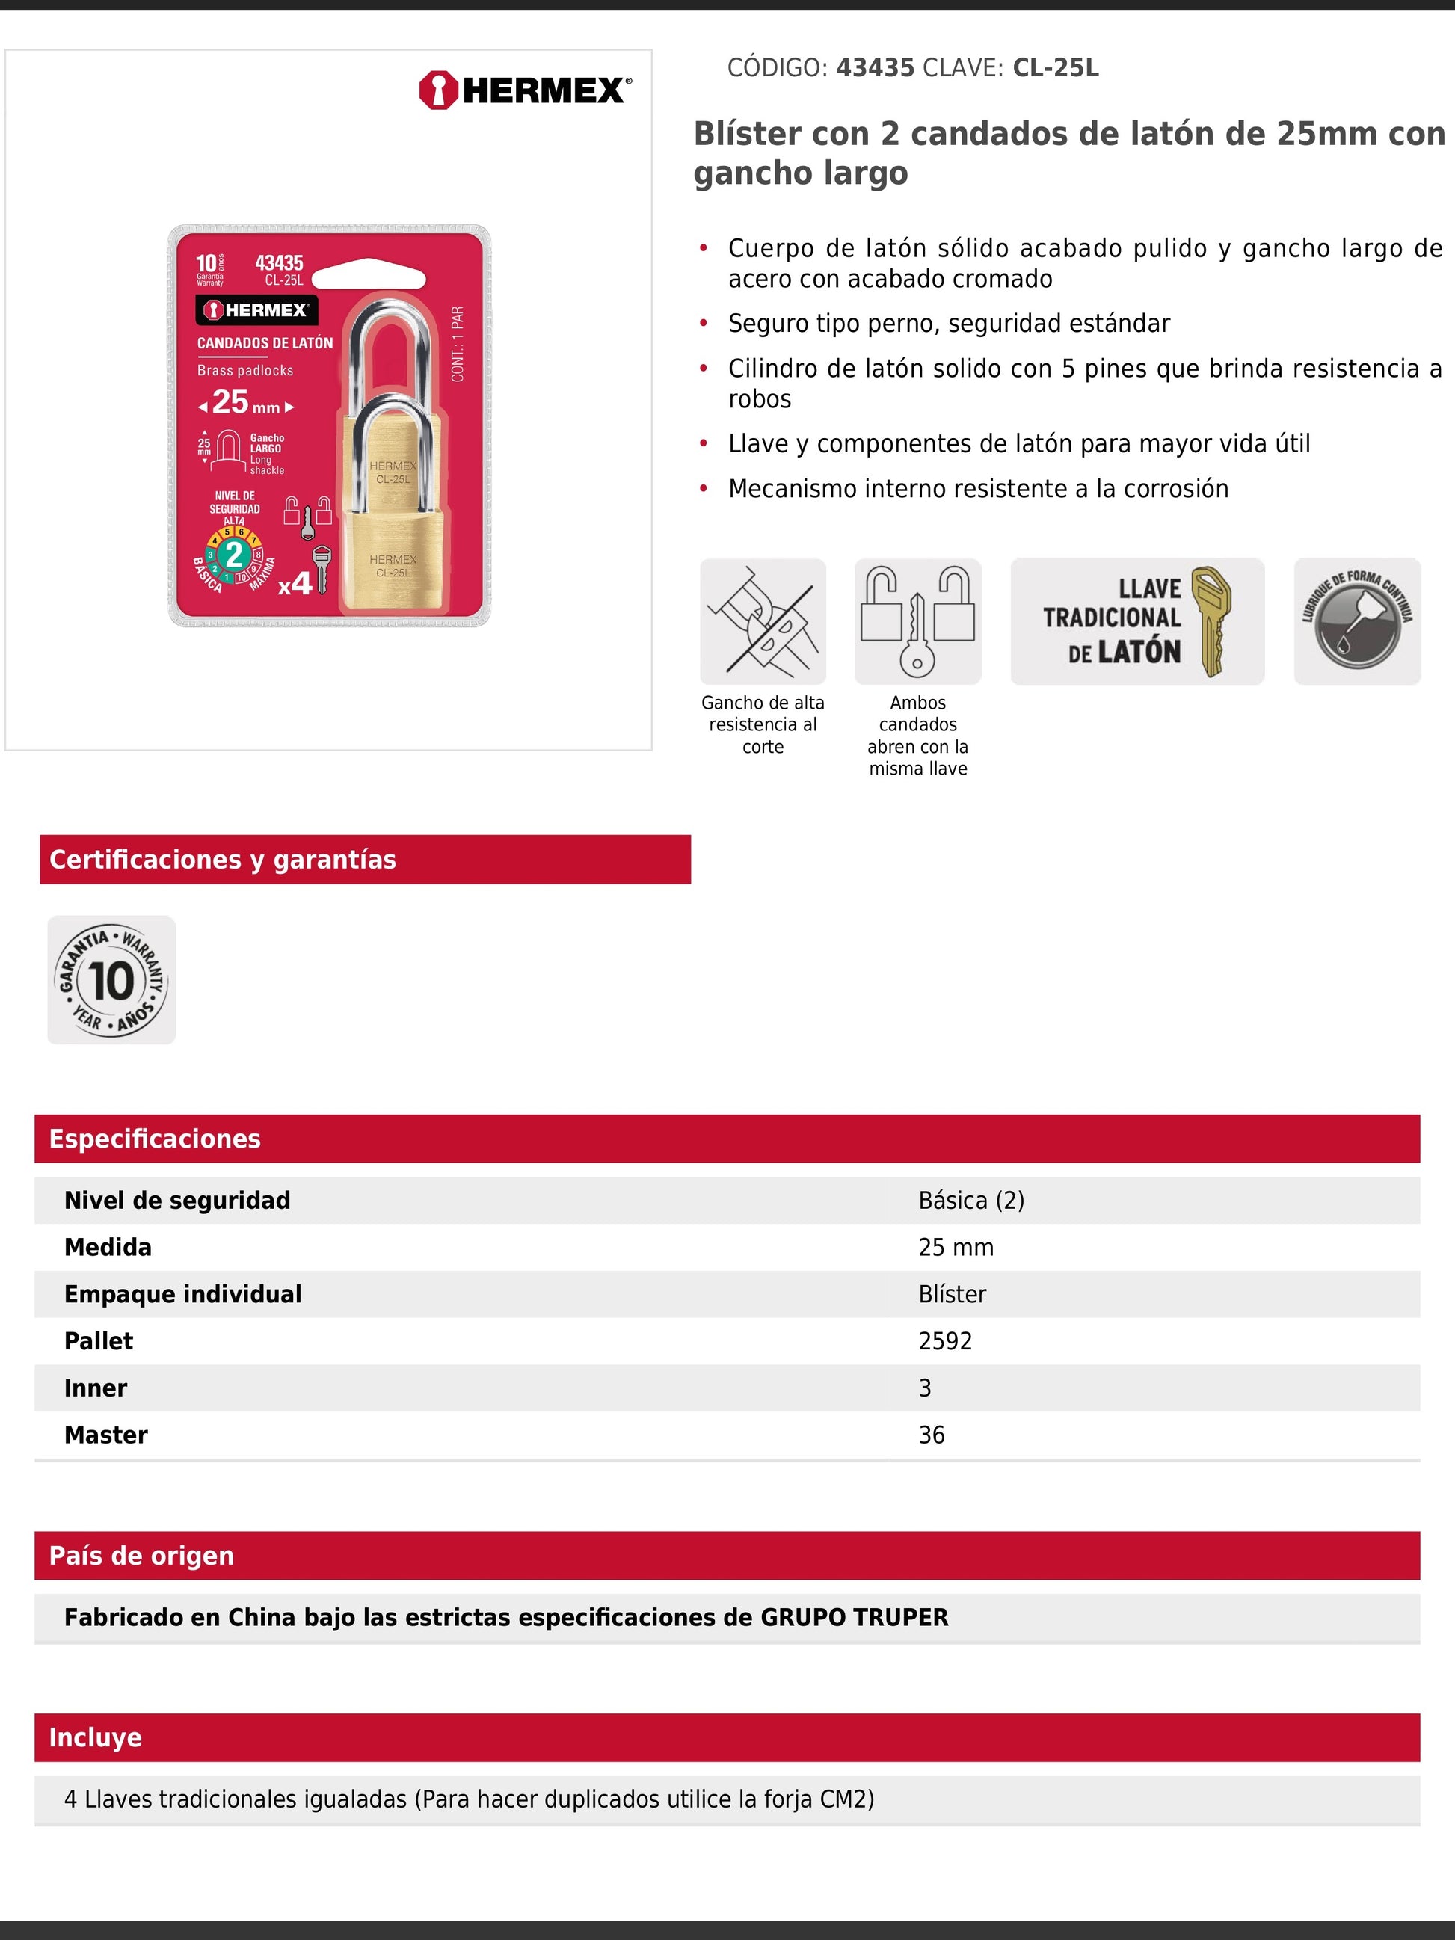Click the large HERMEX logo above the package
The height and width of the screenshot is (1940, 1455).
(524, 90)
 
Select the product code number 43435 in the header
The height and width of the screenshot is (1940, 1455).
(874, 67)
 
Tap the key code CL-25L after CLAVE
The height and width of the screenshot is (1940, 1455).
(1055, 67)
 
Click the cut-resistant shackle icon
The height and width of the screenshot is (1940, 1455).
(762, 621)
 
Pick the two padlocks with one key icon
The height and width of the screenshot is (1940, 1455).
(917, 621)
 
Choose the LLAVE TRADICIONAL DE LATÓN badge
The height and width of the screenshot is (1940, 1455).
(1136, 621)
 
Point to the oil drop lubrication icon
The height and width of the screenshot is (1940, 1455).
(1357, 621)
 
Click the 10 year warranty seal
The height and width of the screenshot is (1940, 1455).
(111, 979)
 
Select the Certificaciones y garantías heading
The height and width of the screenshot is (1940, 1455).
(223, 860)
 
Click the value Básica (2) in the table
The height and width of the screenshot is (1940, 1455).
(971, 1200)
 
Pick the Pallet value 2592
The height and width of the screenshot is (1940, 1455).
(944, 1341)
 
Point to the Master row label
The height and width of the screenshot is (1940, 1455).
(106, 1435)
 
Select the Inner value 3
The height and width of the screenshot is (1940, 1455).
(924, 1388)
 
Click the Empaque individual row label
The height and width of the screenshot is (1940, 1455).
(182, 1293)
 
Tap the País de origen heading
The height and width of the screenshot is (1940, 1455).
(142, 1555)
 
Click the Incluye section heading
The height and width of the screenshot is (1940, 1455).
(96, 1737)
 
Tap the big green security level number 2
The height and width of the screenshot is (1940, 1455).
(233, 554)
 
